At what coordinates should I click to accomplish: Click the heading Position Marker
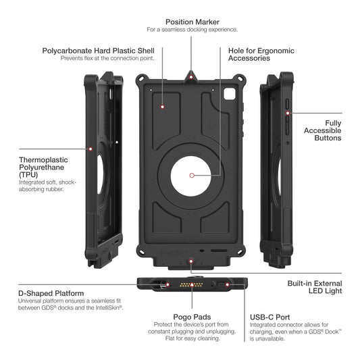192,22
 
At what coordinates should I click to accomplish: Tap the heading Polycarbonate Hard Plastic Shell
98,51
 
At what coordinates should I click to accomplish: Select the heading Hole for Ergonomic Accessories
261,55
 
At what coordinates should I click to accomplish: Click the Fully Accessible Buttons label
323,130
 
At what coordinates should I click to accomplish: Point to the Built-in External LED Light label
315,287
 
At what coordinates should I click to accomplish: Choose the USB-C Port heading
269,317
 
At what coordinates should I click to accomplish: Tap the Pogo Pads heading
192,317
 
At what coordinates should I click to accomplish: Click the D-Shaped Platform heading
51,293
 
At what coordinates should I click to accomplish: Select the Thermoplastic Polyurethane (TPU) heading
43,167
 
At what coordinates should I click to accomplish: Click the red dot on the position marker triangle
191,77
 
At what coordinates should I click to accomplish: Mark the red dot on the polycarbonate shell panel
163,107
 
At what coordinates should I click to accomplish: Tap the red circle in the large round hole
192,176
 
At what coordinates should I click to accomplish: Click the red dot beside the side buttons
288,113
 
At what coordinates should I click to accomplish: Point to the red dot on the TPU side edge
91,149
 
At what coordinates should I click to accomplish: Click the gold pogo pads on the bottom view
191,285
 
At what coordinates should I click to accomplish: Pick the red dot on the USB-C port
227,285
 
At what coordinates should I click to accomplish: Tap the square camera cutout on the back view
230,93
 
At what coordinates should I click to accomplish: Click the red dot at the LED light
191,261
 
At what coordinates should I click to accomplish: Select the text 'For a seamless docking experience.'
192,30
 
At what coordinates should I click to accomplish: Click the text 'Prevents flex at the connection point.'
107,58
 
